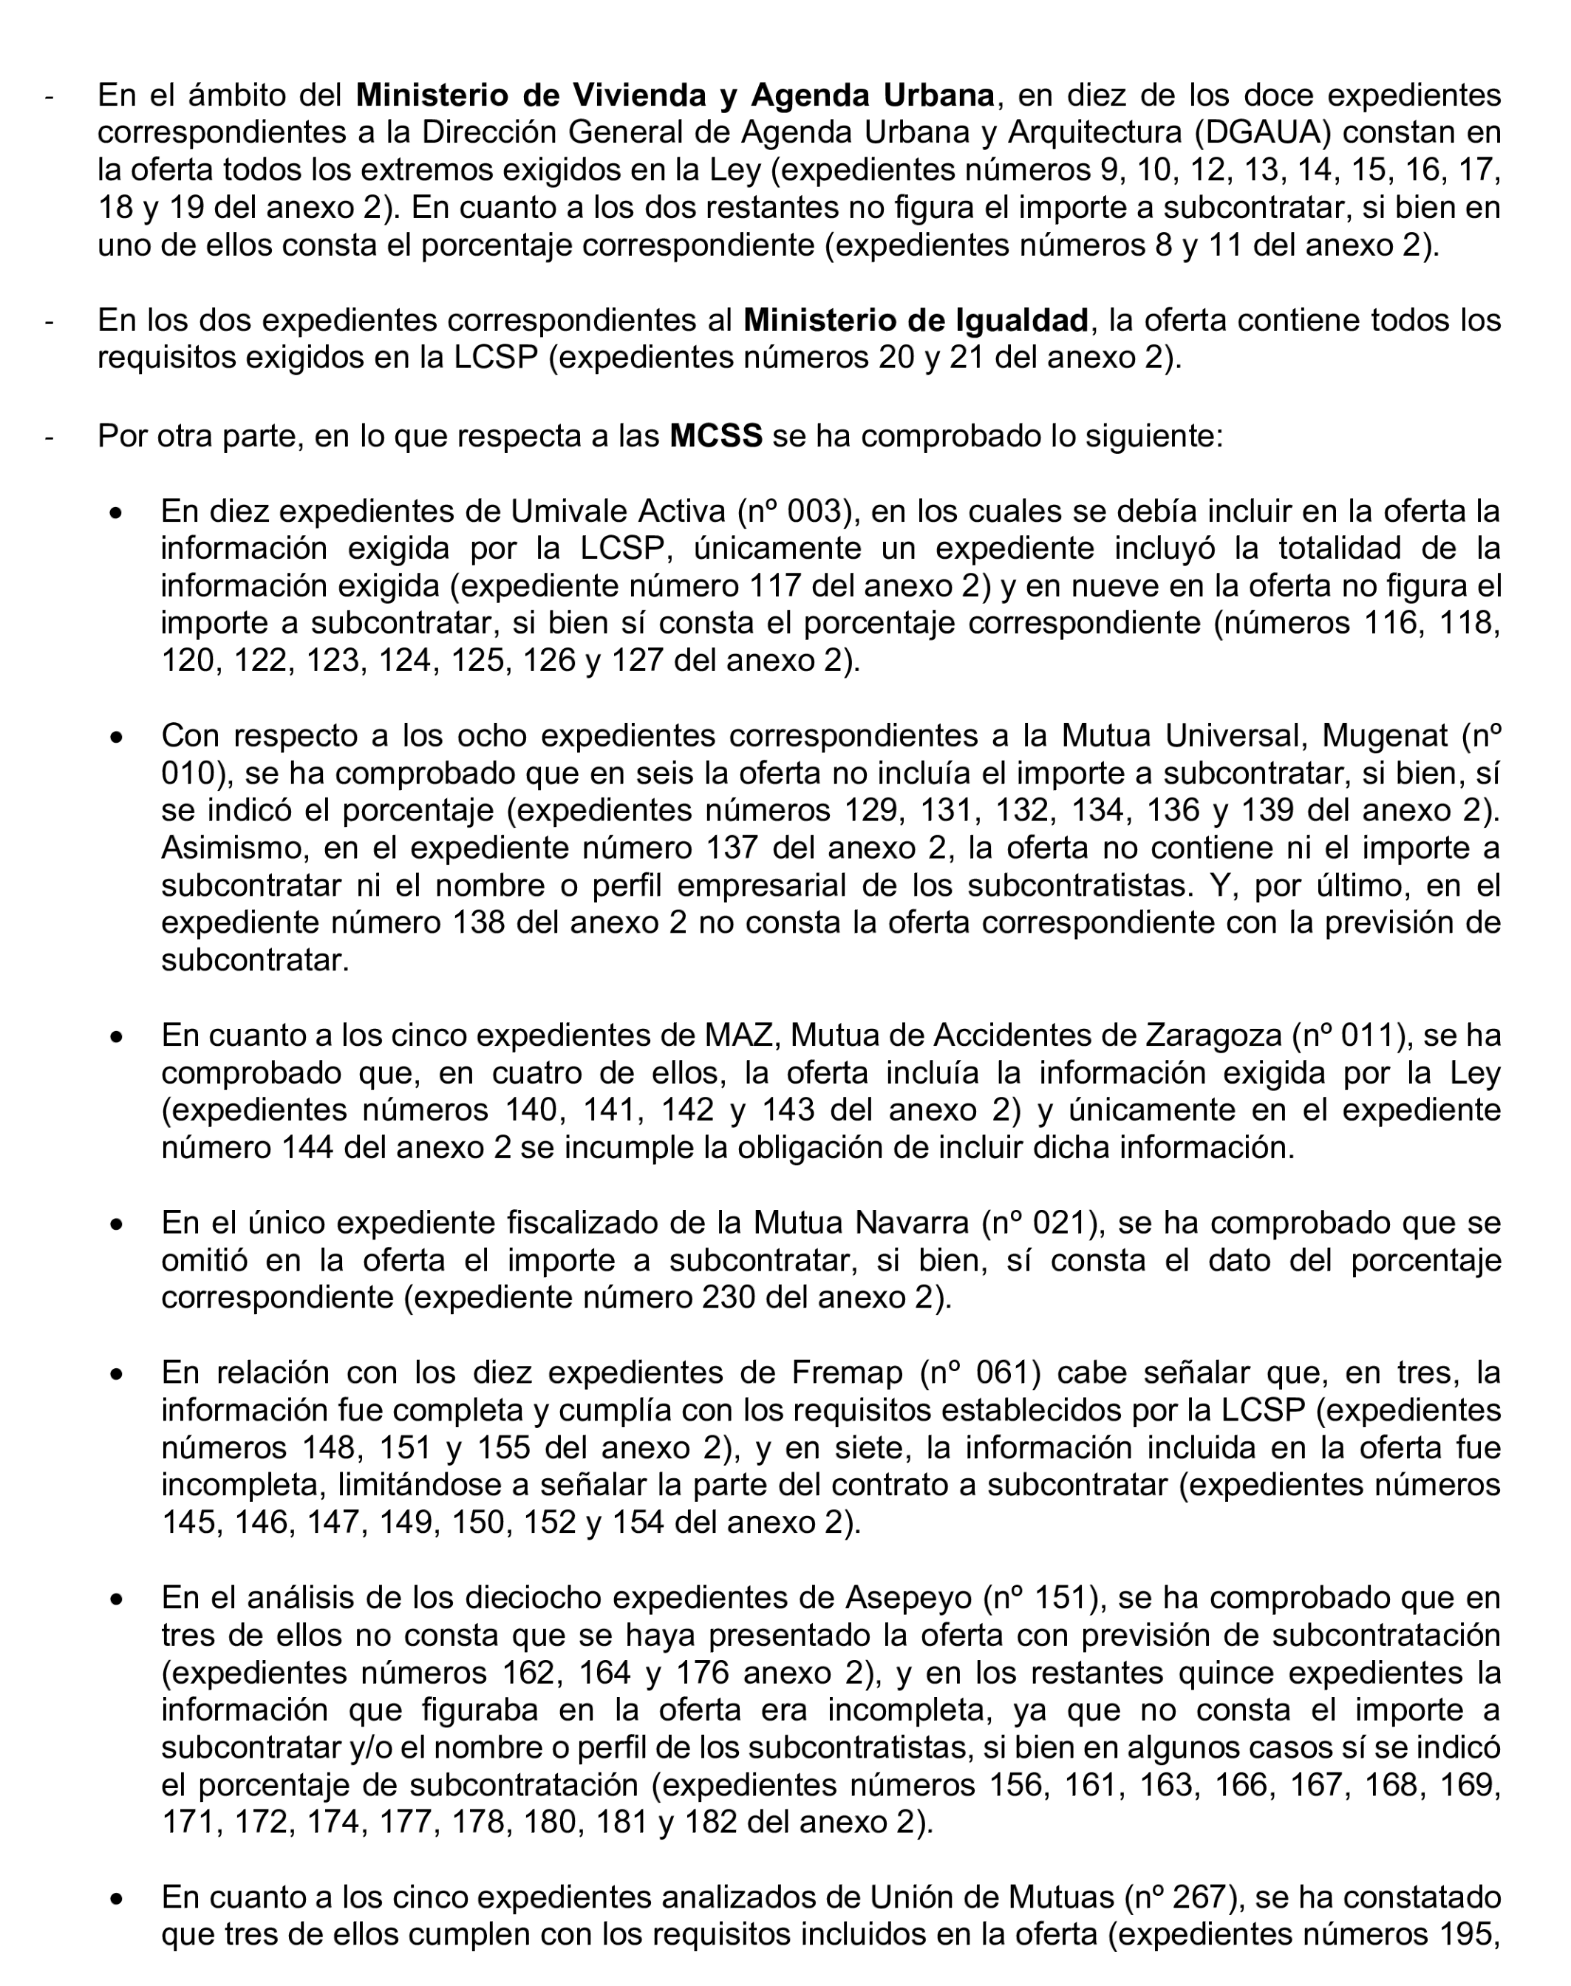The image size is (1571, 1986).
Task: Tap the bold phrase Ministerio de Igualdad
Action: tap(916, 320)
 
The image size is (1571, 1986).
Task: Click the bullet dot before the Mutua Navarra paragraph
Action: tap(116, 1225)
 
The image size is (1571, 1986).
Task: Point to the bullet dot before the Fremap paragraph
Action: tap(116, 1374)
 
